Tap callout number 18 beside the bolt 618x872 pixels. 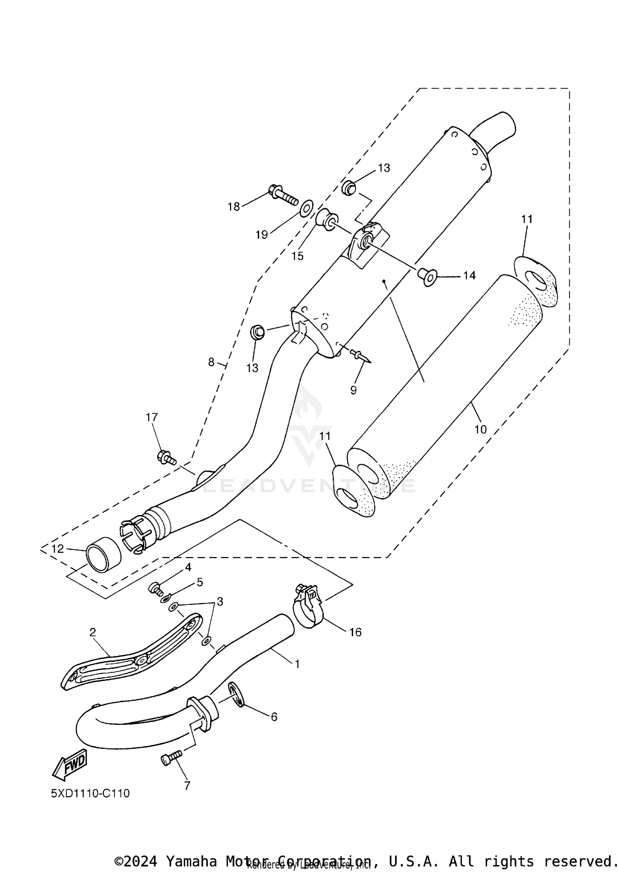tap(234, 207)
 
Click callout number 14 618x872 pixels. tap(469, 275)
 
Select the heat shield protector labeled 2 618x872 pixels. tap(132, 658)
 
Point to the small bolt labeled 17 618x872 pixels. tap(166, 457)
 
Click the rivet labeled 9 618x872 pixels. tap(359, 354)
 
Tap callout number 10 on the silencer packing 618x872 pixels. tap(480, 429)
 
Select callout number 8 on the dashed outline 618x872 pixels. tap(211, 362)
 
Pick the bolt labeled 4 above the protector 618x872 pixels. tap(155, 588)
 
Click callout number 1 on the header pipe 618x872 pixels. tap(297, 664)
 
